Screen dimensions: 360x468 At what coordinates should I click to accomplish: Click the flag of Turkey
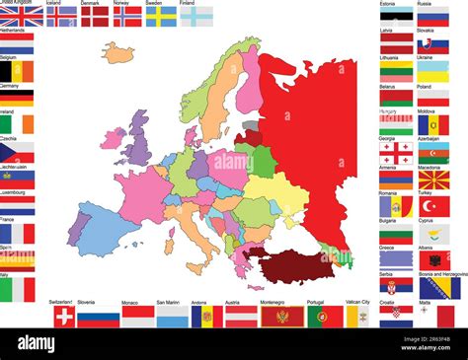(x=433, y=206)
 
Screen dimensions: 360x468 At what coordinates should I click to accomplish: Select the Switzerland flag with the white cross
(x=63, y=316)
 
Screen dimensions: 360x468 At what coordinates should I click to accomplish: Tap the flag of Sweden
(x=161, y=17)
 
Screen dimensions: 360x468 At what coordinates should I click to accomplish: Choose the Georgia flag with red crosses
(x=396, y=153)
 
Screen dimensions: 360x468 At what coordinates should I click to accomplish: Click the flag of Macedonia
(x=433, y=180)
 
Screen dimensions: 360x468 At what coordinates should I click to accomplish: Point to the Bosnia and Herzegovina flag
(x=438, y=288)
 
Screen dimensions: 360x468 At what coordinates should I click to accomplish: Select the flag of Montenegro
(x=273, y=316)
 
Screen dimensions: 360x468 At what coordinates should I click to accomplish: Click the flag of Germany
(x=17, y=98)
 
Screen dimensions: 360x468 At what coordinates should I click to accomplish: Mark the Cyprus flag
(x=433, y=234)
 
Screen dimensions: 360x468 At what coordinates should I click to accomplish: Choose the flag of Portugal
(x=325, y=316)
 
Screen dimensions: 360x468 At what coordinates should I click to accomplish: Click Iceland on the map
(x=117, y=53)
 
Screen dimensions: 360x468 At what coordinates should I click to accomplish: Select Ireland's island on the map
(x=112, y=137)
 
